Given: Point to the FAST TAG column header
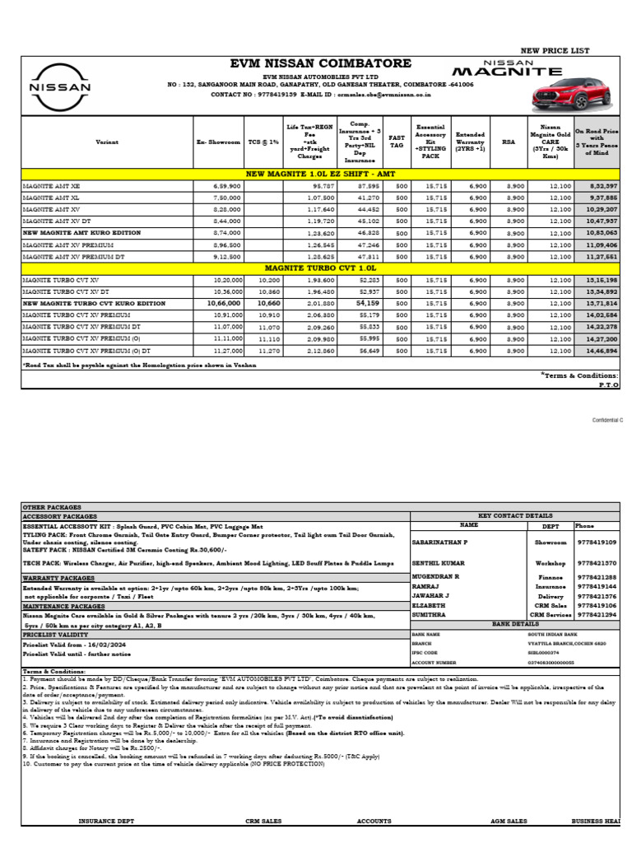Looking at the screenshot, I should click(x=397, y=142).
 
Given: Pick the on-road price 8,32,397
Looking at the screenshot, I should click(x=602, y=187).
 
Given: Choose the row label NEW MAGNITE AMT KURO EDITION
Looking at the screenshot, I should click(x=72, y=234).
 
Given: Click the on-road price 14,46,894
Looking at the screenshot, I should click(x=602, y=350).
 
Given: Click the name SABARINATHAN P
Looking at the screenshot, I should click(x=439, y=543).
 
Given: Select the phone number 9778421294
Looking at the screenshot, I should click(x=597, y=615).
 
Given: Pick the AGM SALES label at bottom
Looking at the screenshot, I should click(x=509, y=821).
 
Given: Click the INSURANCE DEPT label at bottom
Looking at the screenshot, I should click(x=107, y=821).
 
